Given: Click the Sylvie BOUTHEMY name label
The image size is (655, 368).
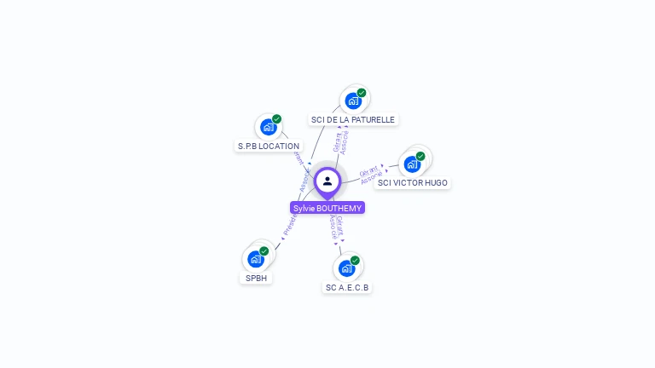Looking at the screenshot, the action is tap(327, 208).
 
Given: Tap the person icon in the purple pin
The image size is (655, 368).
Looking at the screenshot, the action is tap(327, 181).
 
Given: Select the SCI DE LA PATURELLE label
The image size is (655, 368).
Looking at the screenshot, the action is tap(353, 120).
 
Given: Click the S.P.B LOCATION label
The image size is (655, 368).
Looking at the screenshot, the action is tap(268, 147).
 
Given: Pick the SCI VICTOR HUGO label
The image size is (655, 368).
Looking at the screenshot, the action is tap(413, 183).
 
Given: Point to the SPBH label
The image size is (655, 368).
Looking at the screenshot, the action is tap(256, 279).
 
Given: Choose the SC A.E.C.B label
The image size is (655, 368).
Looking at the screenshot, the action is tap(347, 288).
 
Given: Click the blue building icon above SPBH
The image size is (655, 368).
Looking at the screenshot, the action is tap(255, 259).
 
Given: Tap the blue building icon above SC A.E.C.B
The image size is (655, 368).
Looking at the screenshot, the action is tap(346, 268).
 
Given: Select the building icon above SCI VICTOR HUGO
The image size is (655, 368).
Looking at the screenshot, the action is tap(412, 164).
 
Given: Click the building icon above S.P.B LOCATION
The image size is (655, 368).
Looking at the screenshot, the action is tap(268, 127).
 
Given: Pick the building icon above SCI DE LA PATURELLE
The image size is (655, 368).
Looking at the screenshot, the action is tap(352, 101).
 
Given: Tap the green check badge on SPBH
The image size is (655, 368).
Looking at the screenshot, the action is tap(264, 251).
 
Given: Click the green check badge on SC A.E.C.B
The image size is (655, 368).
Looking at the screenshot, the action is tap(355, 261).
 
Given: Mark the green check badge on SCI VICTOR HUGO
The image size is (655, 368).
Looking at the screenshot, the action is tap(420, 156).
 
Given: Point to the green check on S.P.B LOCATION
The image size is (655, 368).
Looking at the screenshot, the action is tap(276, 119).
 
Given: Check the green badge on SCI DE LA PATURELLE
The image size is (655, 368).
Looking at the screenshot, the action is tap(362, 93).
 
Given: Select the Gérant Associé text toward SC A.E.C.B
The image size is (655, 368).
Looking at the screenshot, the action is tap(336, 227).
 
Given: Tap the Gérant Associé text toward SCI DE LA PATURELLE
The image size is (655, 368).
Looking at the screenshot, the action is tap(341, 141).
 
